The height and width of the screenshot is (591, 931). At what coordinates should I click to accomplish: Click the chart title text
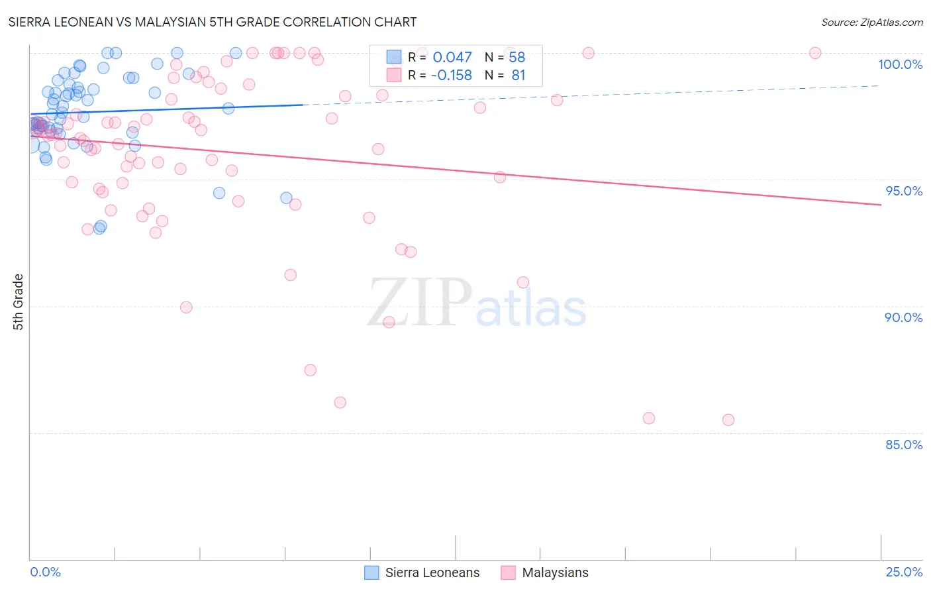coord(213,22)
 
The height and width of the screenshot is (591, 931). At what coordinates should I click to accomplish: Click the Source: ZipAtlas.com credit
coord(871,23)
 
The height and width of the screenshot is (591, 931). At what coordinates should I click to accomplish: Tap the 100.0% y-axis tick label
coord(900,64)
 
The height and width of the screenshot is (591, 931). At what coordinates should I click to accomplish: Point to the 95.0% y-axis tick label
coord(904,191)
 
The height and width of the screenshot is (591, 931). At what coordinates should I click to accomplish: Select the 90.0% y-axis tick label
coord(903,317)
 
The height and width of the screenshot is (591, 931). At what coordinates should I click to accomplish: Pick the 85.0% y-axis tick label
coord(904,445)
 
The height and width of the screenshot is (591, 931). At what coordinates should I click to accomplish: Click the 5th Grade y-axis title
coord(19,302)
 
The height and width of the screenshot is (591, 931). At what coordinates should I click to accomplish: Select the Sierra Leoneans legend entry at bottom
coord(422,572)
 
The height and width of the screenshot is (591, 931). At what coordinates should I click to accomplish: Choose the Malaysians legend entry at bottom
coord(545,572)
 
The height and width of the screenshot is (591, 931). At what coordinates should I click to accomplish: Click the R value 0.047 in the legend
coord(452,58)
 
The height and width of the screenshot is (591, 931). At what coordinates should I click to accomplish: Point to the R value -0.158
coord(451,76)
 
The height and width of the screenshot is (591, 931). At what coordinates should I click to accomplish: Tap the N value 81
coord(518,76)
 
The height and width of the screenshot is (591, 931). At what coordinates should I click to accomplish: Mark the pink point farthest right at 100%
coord(815,53)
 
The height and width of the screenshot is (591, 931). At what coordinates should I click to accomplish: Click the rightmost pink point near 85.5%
coord(728,419)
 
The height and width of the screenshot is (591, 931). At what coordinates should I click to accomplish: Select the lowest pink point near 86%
coord(340,402)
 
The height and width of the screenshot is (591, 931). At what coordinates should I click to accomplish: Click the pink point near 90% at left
coord(186,307)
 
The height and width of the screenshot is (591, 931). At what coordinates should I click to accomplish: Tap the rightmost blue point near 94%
coord(286,197)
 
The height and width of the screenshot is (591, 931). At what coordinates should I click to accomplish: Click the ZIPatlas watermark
coord(477,303)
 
